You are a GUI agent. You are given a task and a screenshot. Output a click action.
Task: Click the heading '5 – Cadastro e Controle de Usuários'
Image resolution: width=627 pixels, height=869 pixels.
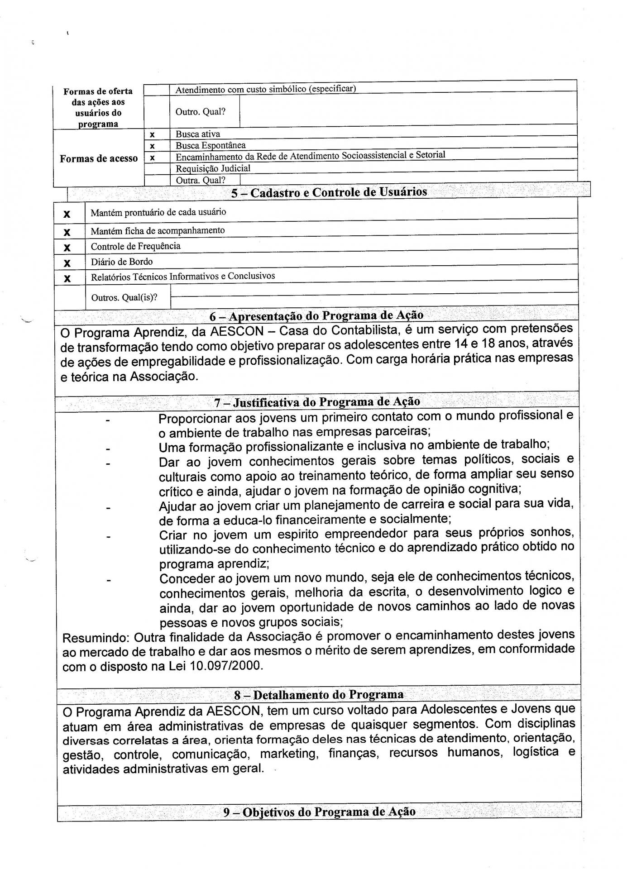329,192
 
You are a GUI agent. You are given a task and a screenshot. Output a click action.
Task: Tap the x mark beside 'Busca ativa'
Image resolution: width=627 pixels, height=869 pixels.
153,134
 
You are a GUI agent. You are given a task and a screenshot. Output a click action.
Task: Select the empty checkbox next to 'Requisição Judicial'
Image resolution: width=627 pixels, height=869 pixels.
157,168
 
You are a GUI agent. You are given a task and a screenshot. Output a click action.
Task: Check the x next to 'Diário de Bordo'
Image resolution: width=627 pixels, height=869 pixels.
67,263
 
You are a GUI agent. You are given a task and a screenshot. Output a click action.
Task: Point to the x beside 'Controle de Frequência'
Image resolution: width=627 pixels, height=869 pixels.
67,247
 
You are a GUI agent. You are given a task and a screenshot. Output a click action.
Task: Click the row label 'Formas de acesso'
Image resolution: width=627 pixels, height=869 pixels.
99,158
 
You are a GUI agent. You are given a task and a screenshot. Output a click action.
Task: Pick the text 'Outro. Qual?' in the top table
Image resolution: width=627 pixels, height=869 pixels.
200,111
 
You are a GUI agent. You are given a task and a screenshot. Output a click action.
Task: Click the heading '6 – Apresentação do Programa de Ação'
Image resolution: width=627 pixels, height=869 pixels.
316,315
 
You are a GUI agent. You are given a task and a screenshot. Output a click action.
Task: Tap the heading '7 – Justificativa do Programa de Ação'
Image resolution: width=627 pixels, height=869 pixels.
317,401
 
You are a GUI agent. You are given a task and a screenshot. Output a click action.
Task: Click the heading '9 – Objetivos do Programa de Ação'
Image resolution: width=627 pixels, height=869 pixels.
319,812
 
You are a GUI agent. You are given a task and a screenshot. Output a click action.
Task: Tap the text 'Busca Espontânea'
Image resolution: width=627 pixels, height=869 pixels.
211,145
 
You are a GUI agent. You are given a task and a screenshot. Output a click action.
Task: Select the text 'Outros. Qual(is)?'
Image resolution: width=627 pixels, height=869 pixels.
124,298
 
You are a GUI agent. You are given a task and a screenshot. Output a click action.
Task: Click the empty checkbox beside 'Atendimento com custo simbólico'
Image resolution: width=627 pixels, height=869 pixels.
157,90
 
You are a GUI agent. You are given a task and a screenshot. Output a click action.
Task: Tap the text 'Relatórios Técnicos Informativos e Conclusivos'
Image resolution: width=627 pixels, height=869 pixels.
183,276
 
